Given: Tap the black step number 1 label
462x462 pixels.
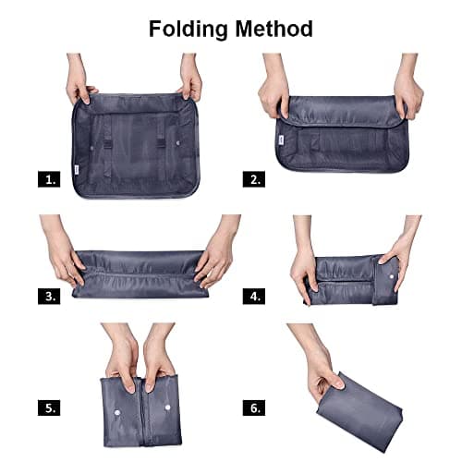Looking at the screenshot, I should [x=50, y=179].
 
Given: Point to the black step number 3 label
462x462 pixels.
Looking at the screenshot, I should [x=50, y=297].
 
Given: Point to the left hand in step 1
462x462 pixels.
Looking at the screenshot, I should [x=79, y=81].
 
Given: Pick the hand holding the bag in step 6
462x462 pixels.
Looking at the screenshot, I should [x=319, y=366].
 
